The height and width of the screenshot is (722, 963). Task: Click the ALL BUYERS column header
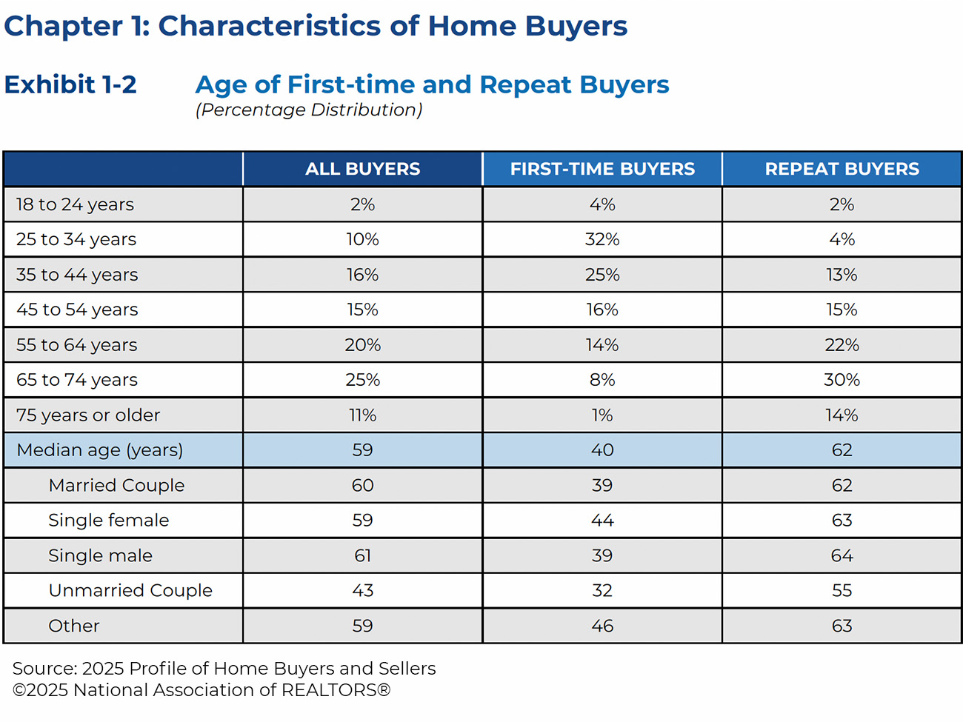[362, 169]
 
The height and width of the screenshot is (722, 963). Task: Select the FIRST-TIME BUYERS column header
[602, 169]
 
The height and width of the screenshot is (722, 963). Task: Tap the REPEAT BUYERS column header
[842, 169]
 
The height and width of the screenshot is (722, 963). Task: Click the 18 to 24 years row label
[75, 204]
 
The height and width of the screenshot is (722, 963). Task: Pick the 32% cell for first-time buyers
[602, 239]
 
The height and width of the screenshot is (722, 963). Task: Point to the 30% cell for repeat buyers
[842, 380]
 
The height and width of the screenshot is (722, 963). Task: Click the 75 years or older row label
[88, 415]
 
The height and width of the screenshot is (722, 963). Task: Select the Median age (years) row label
[99, 450]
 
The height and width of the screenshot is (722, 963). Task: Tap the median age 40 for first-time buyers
[602, 450]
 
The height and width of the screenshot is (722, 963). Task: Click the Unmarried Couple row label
[130, 590]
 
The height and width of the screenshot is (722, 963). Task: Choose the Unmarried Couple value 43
[362, 590]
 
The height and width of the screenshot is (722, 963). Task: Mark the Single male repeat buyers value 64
[842, 555]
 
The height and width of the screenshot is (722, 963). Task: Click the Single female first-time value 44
[602, 521]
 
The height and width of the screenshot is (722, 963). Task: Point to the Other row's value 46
[602, 626]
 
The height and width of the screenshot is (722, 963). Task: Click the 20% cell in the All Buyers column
[362, 345]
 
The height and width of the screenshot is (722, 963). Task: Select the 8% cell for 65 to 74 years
[602, 380]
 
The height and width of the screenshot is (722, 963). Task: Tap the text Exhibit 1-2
[70, 84]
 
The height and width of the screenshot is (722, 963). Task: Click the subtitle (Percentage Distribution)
[309, 110]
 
